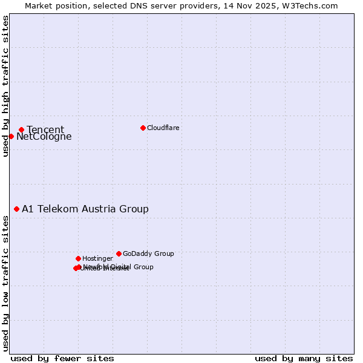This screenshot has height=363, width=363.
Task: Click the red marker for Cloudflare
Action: pyautogui.click(x=143, y=128)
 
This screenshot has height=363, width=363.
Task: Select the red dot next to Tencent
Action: pyautogui.click(x=21, y=129)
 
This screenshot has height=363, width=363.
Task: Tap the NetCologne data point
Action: pyautogui.click(x=11, y=136)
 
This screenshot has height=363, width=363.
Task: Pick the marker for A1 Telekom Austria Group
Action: pyautogui.click(x=16, y=209)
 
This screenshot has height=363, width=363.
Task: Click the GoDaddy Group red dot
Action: pyautogui.click(x=119, y=253)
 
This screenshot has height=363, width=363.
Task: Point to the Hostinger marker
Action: pyautogui.click(x=78, y=258)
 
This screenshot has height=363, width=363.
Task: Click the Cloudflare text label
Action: pyautogui.click(x=163, y=128)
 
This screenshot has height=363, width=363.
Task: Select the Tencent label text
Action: pyautogui.click(x=45, y=129)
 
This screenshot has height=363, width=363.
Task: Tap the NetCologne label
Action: pyautogui.click(x=44, y=137)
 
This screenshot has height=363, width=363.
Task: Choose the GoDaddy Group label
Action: pyautogui.click(x=148, y=253)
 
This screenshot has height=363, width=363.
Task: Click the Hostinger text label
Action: pyautogui.click(x=97, y=258)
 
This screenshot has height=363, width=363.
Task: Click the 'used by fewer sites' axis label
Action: pyautogui.click(x=62, y=358)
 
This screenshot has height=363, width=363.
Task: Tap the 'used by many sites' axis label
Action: pyautogui.click(x=304, y=358)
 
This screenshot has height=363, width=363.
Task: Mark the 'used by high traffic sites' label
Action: pyautogui.click(x=5, y=86)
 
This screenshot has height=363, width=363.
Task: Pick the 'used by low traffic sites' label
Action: pyautogui.click(x=5, y=283)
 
